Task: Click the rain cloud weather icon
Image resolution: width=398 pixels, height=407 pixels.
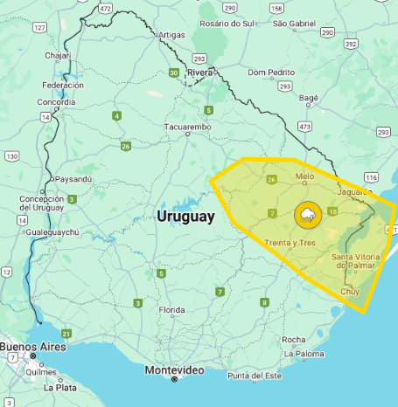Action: [x=307, y=214]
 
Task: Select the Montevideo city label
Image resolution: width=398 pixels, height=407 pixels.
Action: [x=174, y=370]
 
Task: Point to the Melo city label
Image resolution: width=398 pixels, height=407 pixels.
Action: [x=304, y=176]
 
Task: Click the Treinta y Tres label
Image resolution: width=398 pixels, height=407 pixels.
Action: [x=291, y=242]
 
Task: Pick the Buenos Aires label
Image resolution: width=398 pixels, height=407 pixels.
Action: [x=29, y=347]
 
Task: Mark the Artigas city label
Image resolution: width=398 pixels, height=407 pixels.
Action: [x=173, y=35]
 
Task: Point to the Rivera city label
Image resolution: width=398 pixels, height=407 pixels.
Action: [x=200, y=72]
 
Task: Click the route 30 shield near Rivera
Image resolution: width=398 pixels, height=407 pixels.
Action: [x=174, y=72]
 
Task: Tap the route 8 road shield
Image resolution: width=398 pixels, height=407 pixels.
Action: [x=264, y=302]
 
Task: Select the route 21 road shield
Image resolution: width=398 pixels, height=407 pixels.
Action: [x=66, y=334]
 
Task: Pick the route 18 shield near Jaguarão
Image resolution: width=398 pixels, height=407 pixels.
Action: [x=332, y=211]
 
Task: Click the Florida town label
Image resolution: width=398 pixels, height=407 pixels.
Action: [x=171, y=310]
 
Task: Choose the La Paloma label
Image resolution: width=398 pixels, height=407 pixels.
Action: [x=304, y=354]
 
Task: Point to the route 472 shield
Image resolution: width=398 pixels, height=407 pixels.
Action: [x=106, y=7]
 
